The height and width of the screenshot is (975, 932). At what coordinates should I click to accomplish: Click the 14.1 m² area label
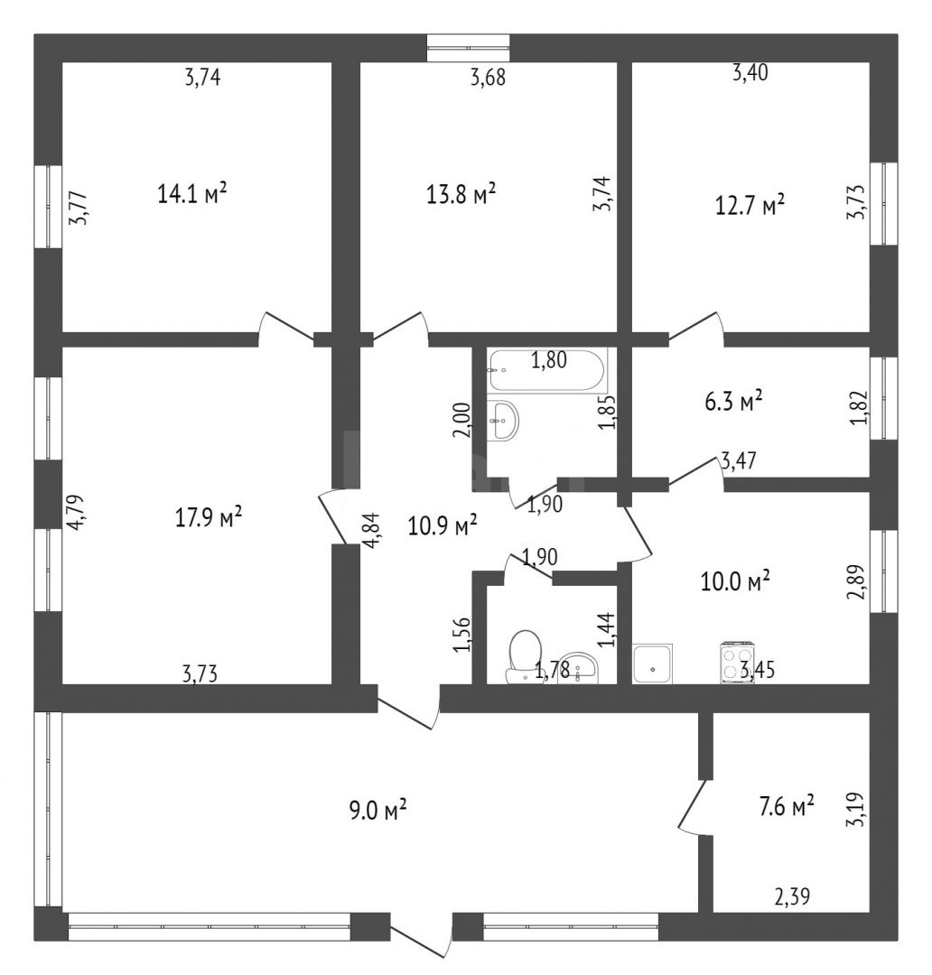(x=191, y=193)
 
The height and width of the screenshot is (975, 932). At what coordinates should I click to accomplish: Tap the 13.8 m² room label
(x=461, y=193)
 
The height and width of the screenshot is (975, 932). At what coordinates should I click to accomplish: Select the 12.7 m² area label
(x=750, y=205)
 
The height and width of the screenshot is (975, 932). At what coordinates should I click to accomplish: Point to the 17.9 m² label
(x=209, y=517)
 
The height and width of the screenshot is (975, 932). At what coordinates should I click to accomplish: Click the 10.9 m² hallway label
(x=443, y=525)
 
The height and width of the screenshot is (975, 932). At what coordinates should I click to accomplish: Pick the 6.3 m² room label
(x=733, y=402)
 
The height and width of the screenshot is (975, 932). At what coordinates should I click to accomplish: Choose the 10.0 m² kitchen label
(x=735, y=582)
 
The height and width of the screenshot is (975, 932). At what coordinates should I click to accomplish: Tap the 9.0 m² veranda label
(x=377, y=811)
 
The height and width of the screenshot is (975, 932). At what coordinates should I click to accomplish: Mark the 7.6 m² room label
(x=787, y=807)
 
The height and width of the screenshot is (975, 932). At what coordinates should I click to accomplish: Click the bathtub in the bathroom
(x=547, y=370)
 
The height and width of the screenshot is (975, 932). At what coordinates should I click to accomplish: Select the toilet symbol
(x=523, y=657)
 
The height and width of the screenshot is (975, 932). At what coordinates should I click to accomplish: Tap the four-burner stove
(x=738, y=663)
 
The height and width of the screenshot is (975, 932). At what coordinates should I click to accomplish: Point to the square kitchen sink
(x=653, y=664)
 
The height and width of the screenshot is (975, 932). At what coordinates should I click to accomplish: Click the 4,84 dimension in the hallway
(x=372, y=530)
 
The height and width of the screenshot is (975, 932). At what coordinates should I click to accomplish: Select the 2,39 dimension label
(x=792, y=896)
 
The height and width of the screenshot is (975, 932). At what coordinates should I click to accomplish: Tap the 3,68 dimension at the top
(x=488, y=78)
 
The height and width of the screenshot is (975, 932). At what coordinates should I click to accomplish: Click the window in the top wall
(x=468, y=48)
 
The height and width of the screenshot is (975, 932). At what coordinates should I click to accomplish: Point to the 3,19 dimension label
(x=855, y=809)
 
